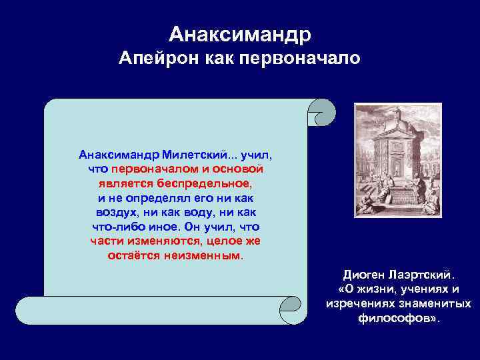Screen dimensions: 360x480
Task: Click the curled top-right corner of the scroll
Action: (x=323, y=111)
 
